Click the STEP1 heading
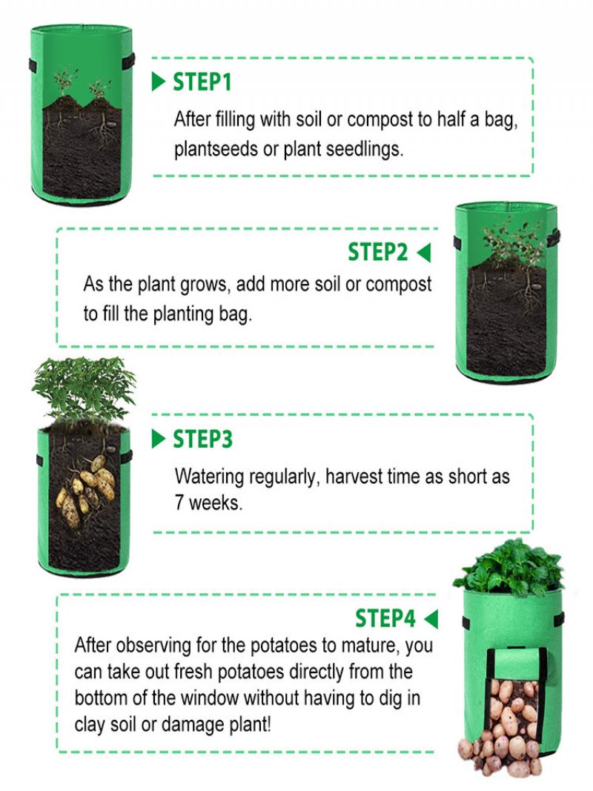202,82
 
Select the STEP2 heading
378,252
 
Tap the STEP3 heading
202,439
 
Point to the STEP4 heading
385,618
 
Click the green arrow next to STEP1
159,82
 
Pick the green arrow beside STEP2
424,252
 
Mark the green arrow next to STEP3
159,439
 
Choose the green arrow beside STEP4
431,619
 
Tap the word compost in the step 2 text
398,284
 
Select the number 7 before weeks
179,503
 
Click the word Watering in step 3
209,476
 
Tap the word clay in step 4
90,724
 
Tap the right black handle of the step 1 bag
130,60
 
